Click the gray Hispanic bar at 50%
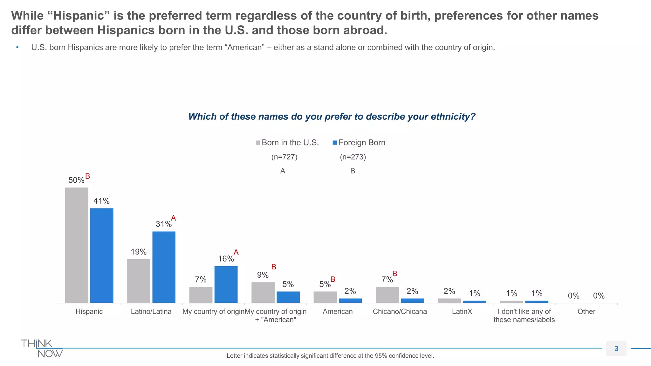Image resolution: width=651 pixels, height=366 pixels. point(76,245)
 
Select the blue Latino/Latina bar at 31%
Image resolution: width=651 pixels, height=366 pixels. point(164,267)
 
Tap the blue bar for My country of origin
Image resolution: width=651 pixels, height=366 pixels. point(226,284)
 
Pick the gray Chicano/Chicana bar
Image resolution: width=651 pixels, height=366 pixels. point(387,295)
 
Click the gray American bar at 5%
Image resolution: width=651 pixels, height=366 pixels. point(325,297)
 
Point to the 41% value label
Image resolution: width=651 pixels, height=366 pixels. point(101,201)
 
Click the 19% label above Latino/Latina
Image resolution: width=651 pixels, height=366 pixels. point(139,252)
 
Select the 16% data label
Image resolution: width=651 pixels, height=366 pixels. point(226,259)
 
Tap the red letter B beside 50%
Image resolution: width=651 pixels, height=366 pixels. point(88,176)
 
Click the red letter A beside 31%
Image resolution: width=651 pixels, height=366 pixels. point(174,218)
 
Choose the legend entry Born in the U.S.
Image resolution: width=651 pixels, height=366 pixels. point(287,143)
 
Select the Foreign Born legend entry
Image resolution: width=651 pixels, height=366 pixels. point(359,143)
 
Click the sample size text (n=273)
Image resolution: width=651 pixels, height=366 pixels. point(353,157)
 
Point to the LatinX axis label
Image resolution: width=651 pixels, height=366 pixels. point(462,312)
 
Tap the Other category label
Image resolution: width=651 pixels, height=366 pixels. point(586,312)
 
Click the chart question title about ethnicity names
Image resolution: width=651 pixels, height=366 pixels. point(332,117)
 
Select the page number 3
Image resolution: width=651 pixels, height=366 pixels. point(616,349)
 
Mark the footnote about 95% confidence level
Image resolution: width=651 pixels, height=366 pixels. point(330,356)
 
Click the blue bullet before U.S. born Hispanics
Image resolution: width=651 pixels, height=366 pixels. point(17,48)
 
